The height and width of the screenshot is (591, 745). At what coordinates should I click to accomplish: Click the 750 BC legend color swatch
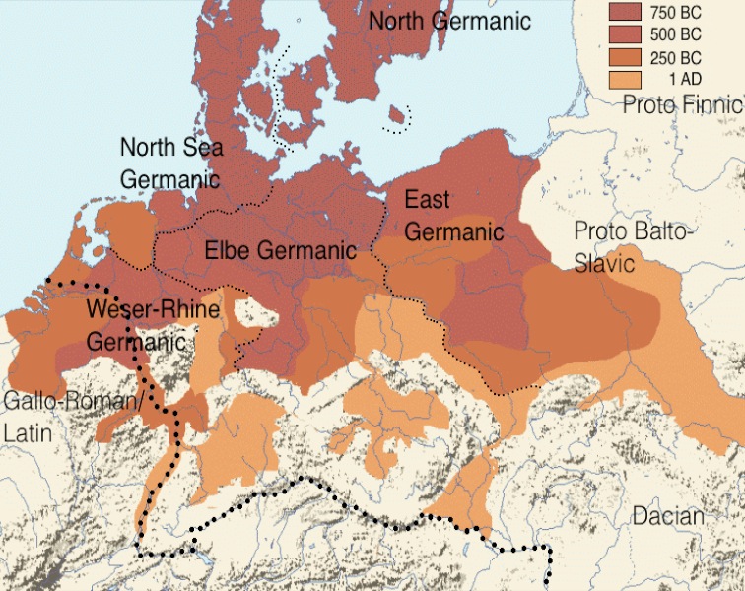624,12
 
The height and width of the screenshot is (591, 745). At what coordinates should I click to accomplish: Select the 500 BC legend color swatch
624,33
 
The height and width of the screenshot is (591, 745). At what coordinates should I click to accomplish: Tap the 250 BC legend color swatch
624,55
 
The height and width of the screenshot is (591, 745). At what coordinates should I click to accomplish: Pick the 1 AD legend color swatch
624,77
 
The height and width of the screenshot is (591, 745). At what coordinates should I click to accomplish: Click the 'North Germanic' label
448,21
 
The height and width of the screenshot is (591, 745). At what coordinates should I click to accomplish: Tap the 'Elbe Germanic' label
280,250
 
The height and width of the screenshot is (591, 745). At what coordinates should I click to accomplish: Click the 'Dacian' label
669,516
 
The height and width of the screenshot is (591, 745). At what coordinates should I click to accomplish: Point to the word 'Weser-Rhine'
145,308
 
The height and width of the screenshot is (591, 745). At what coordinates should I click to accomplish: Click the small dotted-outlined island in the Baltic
396,118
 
